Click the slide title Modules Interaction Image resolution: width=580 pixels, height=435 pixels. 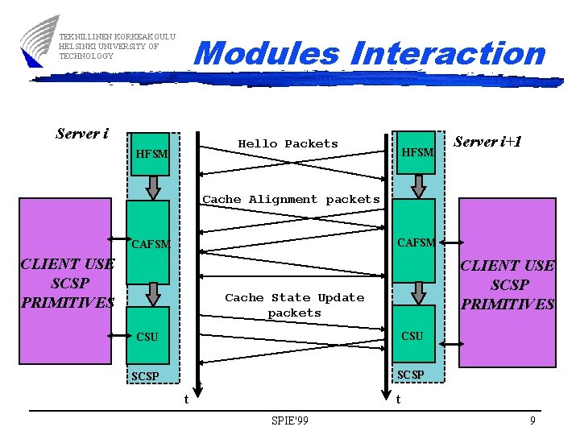click(370, 54)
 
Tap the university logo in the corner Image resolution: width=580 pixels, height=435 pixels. click(39, 40)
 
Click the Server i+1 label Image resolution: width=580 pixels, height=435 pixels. click(488, 142)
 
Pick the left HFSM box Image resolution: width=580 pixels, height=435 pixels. click(151, 153)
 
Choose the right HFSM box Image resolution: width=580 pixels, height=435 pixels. click(416, 152)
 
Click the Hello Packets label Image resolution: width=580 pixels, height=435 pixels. click(288, 144)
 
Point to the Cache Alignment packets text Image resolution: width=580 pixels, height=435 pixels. click(291, 199)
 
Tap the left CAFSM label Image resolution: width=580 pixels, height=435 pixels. click(151, 243)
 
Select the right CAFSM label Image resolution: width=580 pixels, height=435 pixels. click(416, 242)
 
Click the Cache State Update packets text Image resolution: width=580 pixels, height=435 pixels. click(294, 304)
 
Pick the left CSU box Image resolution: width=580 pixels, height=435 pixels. click(147, 336)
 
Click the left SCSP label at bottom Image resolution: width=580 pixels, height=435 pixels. click(146, 376)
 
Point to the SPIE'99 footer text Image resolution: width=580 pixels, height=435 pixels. click(290, 420)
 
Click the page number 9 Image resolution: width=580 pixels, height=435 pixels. click(532, 420)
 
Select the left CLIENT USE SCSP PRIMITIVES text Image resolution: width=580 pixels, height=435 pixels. click(68, 283)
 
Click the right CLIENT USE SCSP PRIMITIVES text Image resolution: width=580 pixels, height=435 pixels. click(507, 284)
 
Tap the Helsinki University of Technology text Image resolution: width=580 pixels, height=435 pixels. click(109, 46)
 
